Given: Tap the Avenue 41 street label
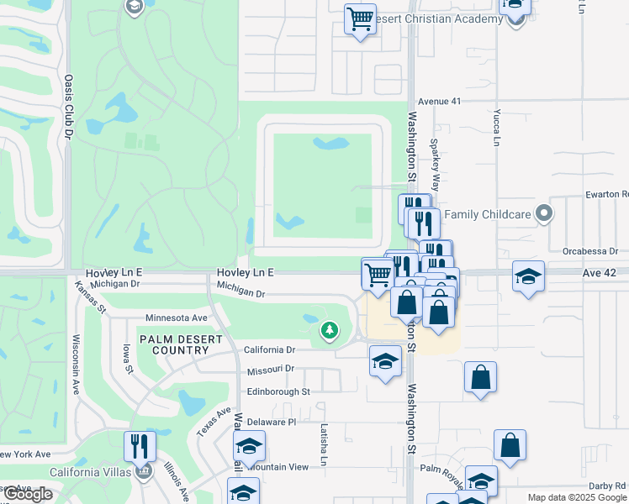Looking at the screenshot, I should coord(441,102).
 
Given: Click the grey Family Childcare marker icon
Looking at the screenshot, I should coord(544,214).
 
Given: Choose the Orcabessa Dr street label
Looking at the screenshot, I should coord(591,250).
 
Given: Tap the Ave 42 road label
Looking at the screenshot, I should coord(600,273).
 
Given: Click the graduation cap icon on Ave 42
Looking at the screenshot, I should coord(528,276).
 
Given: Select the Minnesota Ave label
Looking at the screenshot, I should coord(177,318).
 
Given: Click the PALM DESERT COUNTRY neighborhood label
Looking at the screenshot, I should coord(182,344).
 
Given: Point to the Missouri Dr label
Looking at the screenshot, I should coord(271,370).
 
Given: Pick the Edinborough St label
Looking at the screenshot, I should coord(278,391).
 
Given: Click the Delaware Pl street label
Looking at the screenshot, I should coord(272,422).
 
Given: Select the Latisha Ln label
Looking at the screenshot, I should coord(322,444).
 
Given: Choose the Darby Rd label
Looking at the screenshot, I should coord(607,486).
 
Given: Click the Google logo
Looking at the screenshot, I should coord(28,494).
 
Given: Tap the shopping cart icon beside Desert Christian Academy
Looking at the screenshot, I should coord(360,18).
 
